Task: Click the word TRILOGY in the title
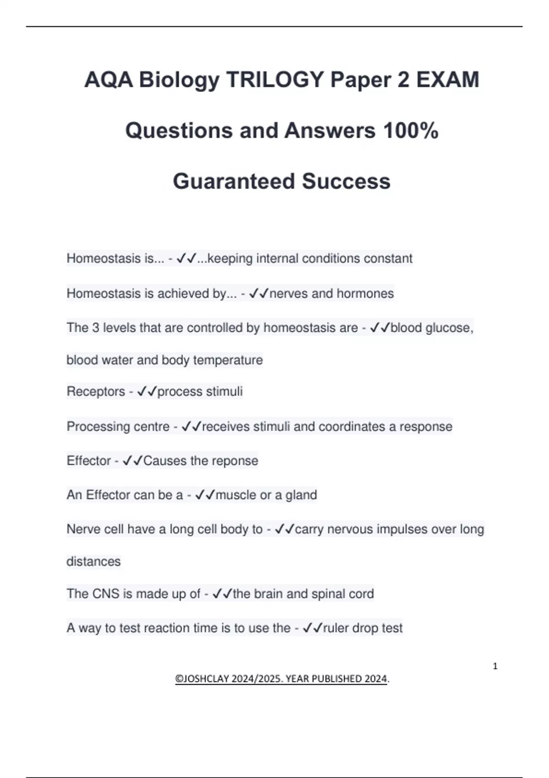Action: (x=275, y=80)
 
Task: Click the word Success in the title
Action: (x=346, y=181)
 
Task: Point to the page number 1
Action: (x=495, y=666)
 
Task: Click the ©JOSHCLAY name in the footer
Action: (x=202, y=679)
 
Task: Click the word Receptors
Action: (x=96, y=392)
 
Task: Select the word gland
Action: (x=301, y=495)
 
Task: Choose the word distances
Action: (x=93, y=562)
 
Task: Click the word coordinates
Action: (x=352, y=427)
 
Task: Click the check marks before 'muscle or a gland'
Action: (x=205, y=495)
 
